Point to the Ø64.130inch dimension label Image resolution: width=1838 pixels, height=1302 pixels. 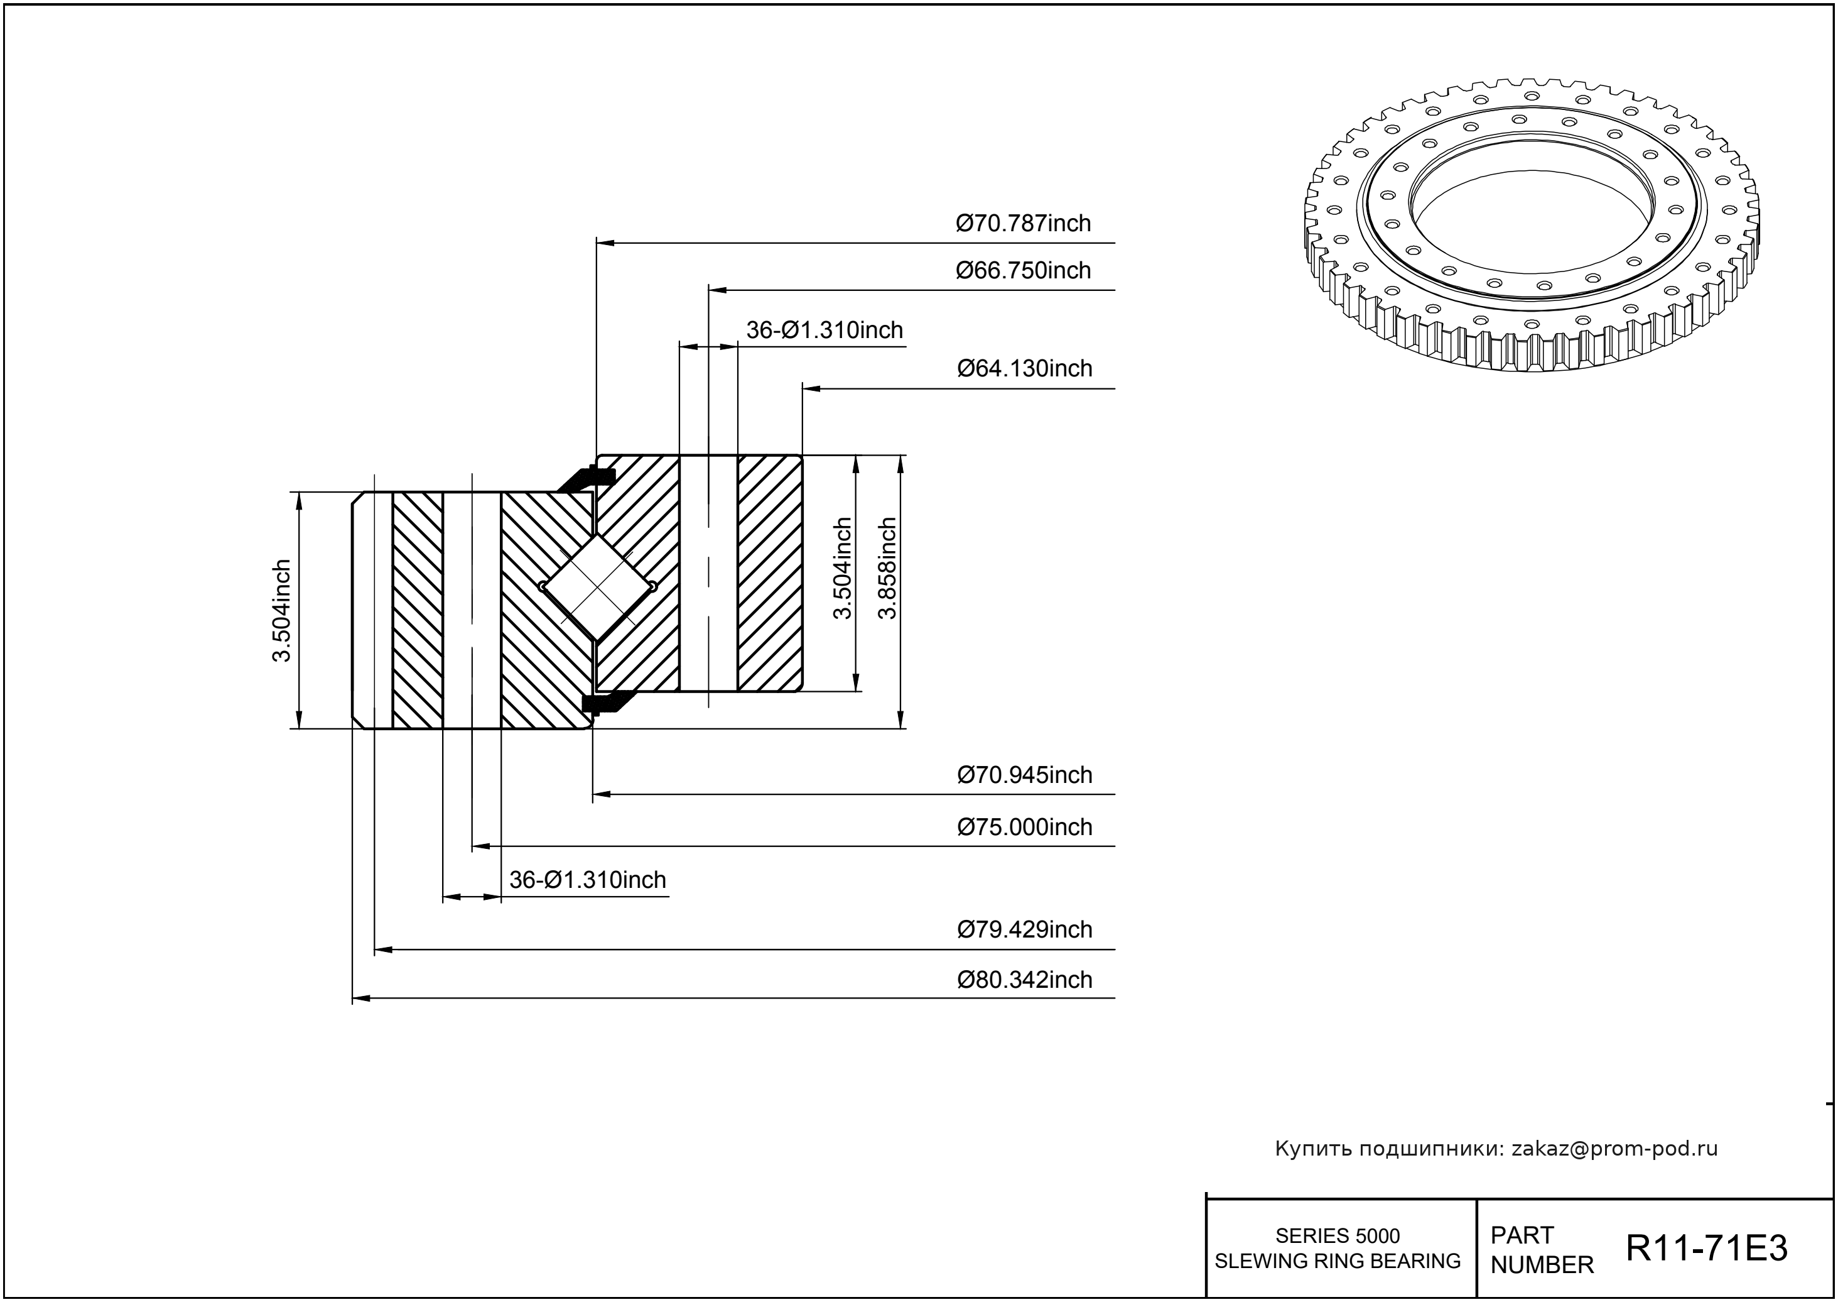tap(1025, 368)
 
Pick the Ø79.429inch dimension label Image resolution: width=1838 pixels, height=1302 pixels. tap(1025, 929)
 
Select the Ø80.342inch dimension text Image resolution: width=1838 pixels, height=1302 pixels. tap(1025, 979)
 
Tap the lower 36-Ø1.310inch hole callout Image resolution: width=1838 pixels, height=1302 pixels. tap(587, 880)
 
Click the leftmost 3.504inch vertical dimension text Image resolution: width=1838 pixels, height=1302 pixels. tap(281, 610)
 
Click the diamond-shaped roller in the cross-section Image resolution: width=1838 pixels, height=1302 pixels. tap(598, 588)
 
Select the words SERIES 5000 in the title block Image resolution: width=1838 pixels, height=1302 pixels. tap(1338, 1235)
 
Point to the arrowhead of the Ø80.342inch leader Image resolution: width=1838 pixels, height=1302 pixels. tap(361, 998)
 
